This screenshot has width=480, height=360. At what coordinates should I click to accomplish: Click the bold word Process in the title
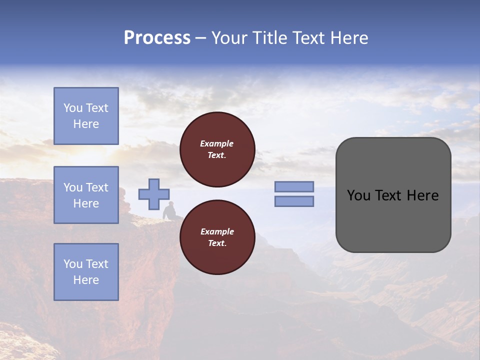coord(157,38)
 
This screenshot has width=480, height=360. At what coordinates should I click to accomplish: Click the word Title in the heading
coord(270,38)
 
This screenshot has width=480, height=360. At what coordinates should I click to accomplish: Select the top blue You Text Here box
coord(86,116)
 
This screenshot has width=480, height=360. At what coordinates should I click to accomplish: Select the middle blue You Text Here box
coord(86,195)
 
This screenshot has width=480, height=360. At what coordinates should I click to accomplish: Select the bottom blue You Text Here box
coord(86,272)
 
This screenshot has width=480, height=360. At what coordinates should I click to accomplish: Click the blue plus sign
coord(154,194)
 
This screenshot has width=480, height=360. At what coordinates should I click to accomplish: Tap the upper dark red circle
coord(217,149)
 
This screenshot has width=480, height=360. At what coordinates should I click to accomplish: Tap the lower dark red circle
coord(217,237)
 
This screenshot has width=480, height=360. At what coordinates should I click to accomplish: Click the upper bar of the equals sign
coord(294,187)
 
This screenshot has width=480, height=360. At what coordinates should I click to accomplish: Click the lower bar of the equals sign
coord(294,201)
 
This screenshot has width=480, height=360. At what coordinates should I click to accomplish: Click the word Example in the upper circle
coord(217,143)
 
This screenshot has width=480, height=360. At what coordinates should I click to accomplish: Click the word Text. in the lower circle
coord(217,243)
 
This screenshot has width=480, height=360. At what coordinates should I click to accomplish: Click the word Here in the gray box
coord(422,195)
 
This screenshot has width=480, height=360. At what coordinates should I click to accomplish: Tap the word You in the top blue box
coord(73,108)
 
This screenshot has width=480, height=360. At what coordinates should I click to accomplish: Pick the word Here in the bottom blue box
coord(86,280)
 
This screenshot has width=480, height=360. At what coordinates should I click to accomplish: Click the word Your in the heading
coord(230,38)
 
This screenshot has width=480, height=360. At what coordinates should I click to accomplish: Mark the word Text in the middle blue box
coord(96,187)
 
